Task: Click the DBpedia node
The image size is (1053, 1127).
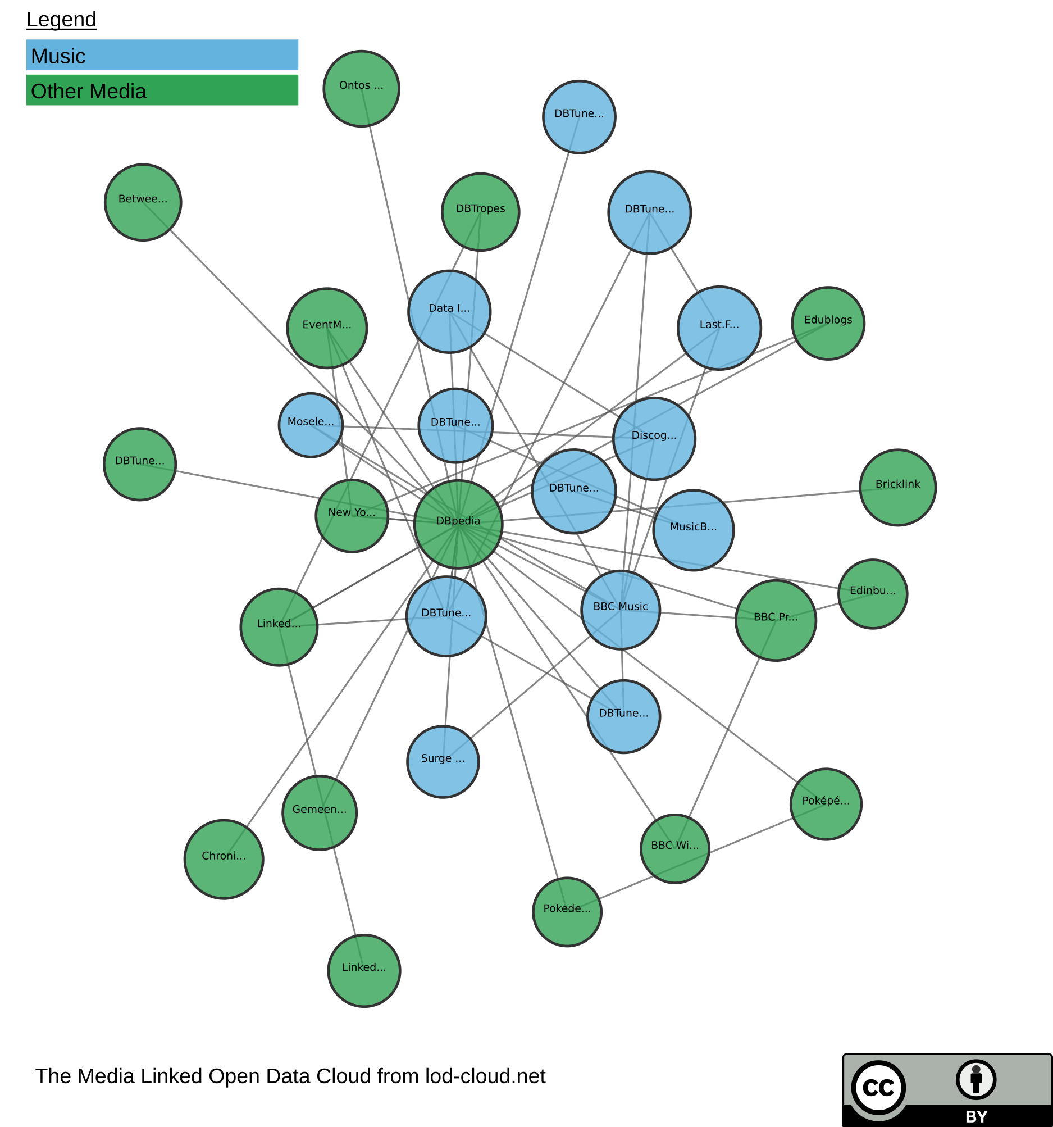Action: [458, 524]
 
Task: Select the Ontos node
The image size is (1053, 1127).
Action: [361, 88]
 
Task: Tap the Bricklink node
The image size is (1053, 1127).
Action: [897, 487]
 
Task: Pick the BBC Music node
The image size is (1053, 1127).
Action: [621, 610]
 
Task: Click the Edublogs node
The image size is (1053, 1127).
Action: [827, 323]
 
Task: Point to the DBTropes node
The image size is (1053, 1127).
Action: [480, 211]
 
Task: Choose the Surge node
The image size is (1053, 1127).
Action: [443, 761]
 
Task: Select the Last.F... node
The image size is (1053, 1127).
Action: [719, 328]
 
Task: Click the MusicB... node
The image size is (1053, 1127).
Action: [692, 529]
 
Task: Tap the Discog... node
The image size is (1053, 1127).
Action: [654, 438]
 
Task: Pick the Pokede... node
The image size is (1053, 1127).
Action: [567, 912]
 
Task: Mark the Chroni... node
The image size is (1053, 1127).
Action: [224, 859]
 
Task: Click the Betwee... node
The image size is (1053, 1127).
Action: [143, 202]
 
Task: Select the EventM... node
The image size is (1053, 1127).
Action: [327, 328]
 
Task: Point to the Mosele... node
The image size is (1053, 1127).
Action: [311, 425]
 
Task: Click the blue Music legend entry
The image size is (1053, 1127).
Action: [162, 55]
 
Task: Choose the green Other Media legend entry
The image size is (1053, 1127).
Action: [162, 90]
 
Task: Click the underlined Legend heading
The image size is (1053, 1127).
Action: [61, 20]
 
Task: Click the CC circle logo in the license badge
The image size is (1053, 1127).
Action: [878, 1087]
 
